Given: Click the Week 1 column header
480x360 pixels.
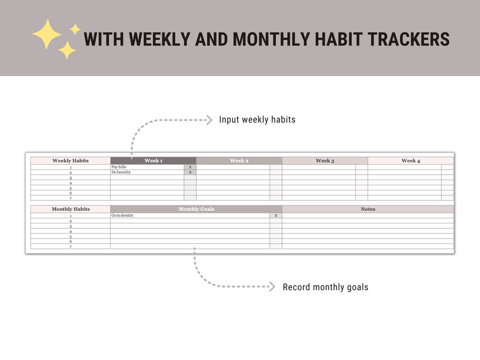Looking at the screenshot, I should [x=153, y=161].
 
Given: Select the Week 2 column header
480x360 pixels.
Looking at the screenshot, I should [x=239, y=161].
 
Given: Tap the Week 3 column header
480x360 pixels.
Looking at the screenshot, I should [x=325, y=161].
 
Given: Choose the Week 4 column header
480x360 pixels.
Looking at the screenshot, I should [x=411, y=161].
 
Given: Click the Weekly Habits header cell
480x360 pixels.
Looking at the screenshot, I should [x=70, y=161].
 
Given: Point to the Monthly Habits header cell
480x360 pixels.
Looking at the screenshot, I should [x=70, y=209].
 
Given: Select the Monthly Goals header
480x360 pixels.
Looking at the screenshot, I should [x=196, y=209].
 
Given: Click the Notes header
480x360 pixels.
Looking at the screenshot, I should [x=368, y=209].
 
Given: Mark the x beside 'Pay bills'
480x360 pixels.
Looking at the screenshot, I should [x=190, y=167].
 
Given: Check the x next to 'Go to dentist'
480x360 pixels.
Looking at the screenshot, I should [x=276, y=216].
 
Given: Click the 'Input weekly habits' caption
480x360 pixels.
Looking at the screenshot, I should [x=257, y=120].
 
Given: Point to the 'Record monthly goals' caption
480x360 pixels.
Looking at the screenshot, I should [x=325, y=287].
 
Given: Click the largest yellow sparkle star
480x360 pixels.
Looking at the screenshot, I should [x=47, y=34].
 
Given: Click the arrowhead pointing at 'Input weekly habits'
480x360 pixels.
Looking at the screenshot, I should [x=209, y=120].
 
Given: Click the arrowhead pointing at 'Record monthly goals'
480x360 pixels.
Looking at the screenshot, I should [x=272, y=287].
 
